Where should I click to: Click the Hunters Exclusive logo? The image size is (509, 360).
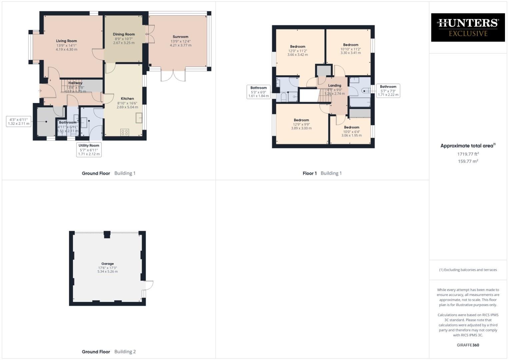point(468,27)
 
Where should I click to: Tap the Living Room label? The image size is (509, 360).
point(66,41)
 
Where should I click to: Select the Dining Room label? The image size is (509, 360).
point(124,34)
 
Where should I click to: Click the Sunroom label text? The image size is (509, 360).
point(180,37)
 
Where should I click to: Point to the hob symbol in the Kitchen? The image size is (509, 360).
point(125,132)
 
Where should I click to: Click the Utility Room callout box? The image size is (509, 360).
point(89,150)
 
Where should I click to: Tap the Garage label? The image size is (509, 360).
point(107,264)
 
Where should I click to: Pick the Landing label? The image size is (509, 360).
point(334,86)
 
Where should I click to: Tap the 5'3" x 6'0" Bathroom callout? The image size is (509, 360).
point(258,92)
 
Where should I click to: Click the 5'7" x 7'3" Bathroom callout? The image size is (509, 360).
point(388,91)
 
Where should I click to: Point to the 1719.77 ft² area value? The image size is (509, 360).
point(468,154)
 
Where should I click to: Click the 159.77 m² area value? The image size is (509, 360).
point(468,161)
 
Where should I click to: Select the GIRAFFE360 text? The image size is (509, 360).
point(468,345)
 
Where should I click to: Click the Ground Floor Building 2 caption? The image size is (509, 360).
point(109,352)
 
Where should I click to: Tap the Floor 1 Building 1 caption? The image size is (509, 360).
point(322,173)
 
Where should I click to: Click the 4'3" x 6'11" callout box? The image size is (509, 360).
point(19,121)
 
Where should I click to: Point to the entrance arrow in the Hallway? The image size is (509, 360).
point(40,91)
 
